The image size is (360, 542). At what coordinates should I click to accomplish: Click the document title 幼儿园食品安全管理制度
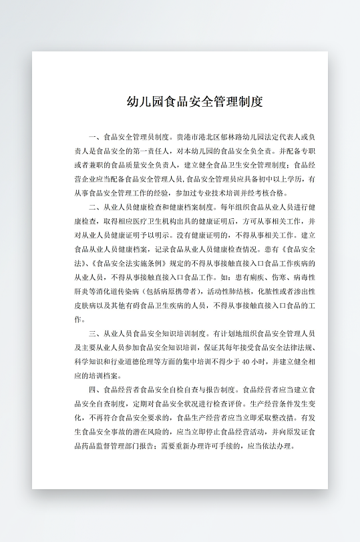(194, 101)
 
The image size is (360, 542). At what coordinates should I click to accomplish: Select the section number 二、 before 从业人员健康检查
(93, 208)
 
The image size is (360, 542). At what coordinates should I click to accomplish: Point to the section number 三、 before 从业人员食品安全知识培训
(93, 333)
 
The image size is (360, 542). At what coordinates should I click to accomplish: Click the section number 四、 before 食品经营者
(93, 389)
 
